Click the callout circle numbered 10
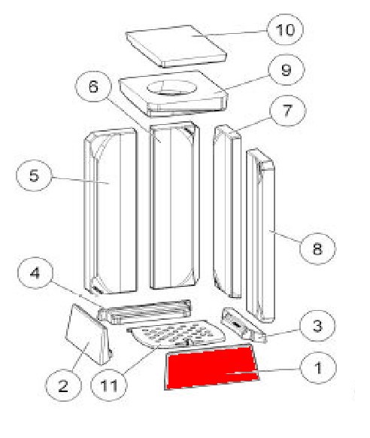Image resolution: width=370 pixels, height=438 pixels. pyautogui.click(x=285, y=29)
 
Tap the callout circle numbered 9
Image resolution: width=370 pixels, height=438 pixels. pyautogui.click(x=287, y=69)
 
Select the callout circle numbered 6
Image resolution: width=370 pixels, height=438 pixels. pyautogui.click(x=93, y=87)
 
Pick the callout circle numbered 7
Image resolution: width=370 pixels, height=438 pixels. pyautogui.click(x=288, y=111)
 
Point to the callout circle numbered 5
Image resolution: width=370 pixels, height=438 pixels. pyautogui.click(x=34, y=175)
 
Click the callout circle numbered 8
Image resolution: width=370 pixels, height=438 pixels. pyautogui.click(x=317, y=248)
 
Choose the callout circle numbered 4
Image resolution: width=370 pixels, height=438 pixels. pyautogui.click(x=35, y=272)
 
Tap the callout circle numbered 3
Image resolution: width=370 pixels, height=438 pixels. pyautogui.click(x=317, y=325)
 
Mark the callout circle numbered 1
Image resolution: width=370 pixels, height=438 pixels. pyautogui.click(x=318, y=368)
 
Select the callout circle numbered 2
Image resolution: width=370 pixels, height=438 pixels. pyautogui.click(x=63, y=386)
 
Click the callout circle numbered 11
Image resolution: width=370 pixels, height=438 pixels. pyautogui.click(x=109, y=385)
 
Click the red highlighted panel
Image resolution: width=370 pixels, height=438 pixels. pyautogui.click(x=212, y=367)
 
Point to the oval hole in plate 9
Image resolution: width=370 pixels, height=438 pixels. pyautogui.click(x=172, y=88)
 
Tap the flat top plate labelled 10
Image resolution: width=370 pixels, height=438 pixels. pyautogui.click(x=176, y=46)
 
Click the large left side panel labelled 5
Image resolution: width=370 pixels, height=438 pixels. pyautogui.click(x=111, y=211)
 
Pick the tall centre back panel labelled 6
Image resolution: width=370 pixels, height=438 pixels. pyautogui.click(x=174, y=205)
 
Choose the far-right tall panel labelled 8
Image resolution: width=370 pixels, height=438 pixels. pyautogui.click(x=261, y=236)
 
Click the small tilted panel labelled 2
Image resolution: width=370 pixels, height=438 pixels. pyautogui.click(x=87, y=334)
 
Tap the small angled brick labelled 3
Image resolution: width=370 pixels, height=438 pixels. pyautogui.click(x=244, y=325)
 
